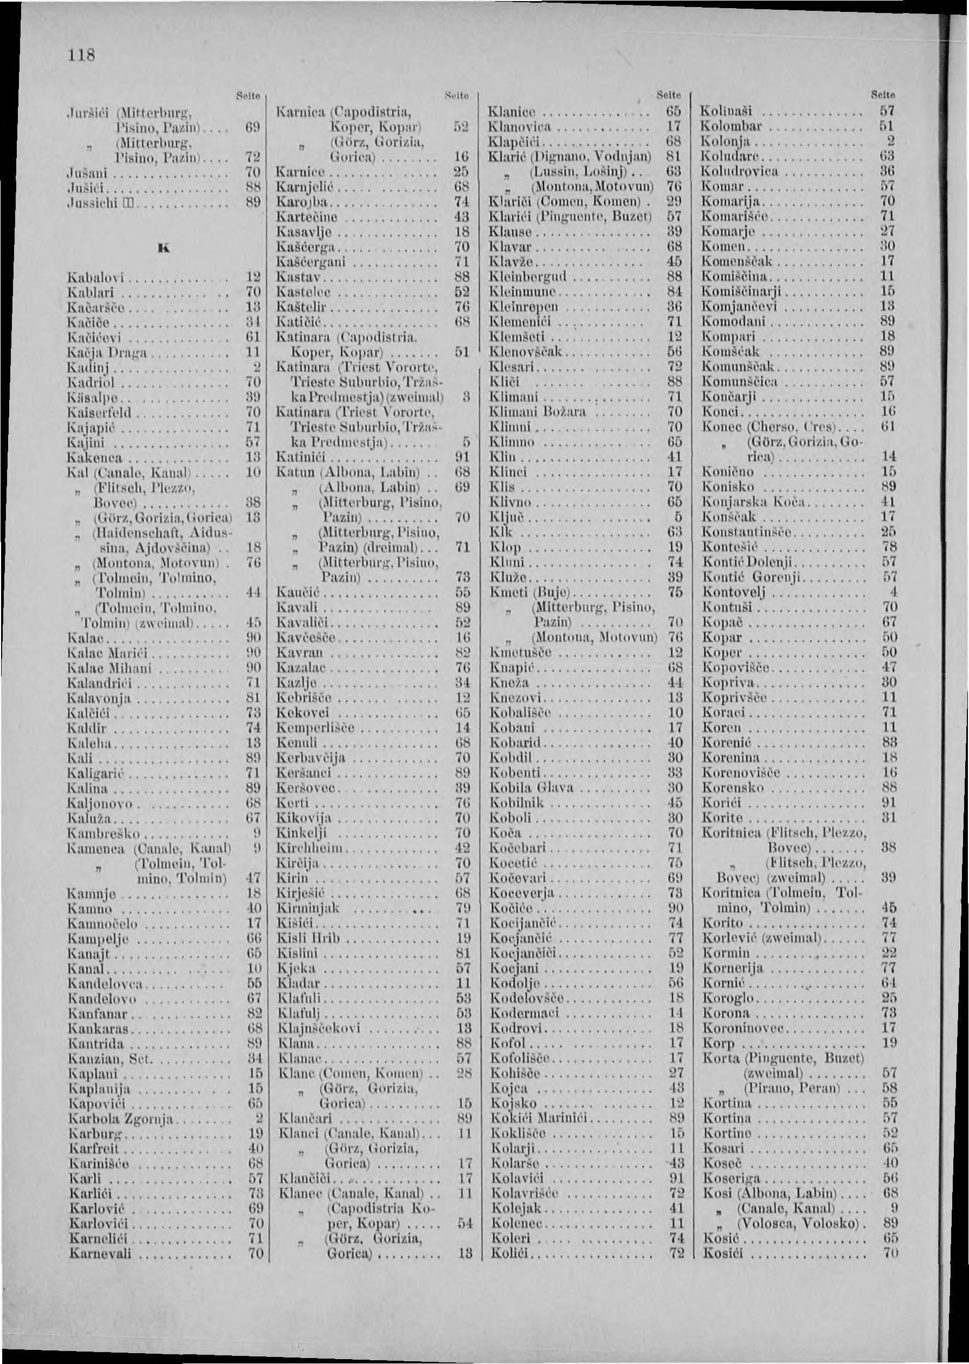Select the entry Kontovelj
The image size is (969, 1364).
tap(734, 593)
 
